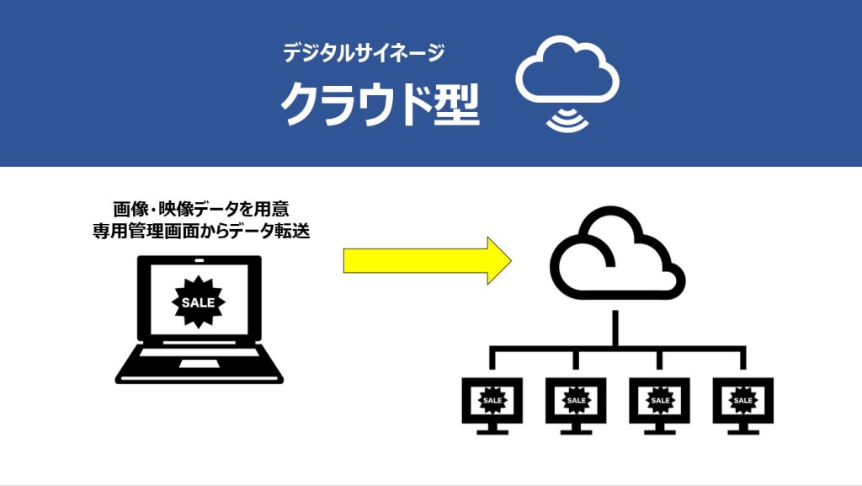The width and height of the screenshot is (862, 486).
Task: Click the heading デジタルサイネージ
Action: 363,53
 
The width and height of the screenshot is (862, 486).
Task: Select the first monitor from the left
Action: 492,401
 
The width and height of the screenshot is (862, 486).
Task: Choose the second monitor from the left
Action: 576,401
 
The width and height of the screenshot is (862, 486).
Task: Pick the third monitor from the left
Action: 659,401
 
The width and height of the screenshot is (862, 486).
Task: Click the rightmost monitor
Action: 742,401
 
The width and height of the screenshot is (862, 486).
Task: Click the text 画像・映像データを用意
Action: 200,209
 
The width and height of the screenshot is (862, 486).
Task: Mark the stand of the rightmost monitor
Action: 742,429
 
